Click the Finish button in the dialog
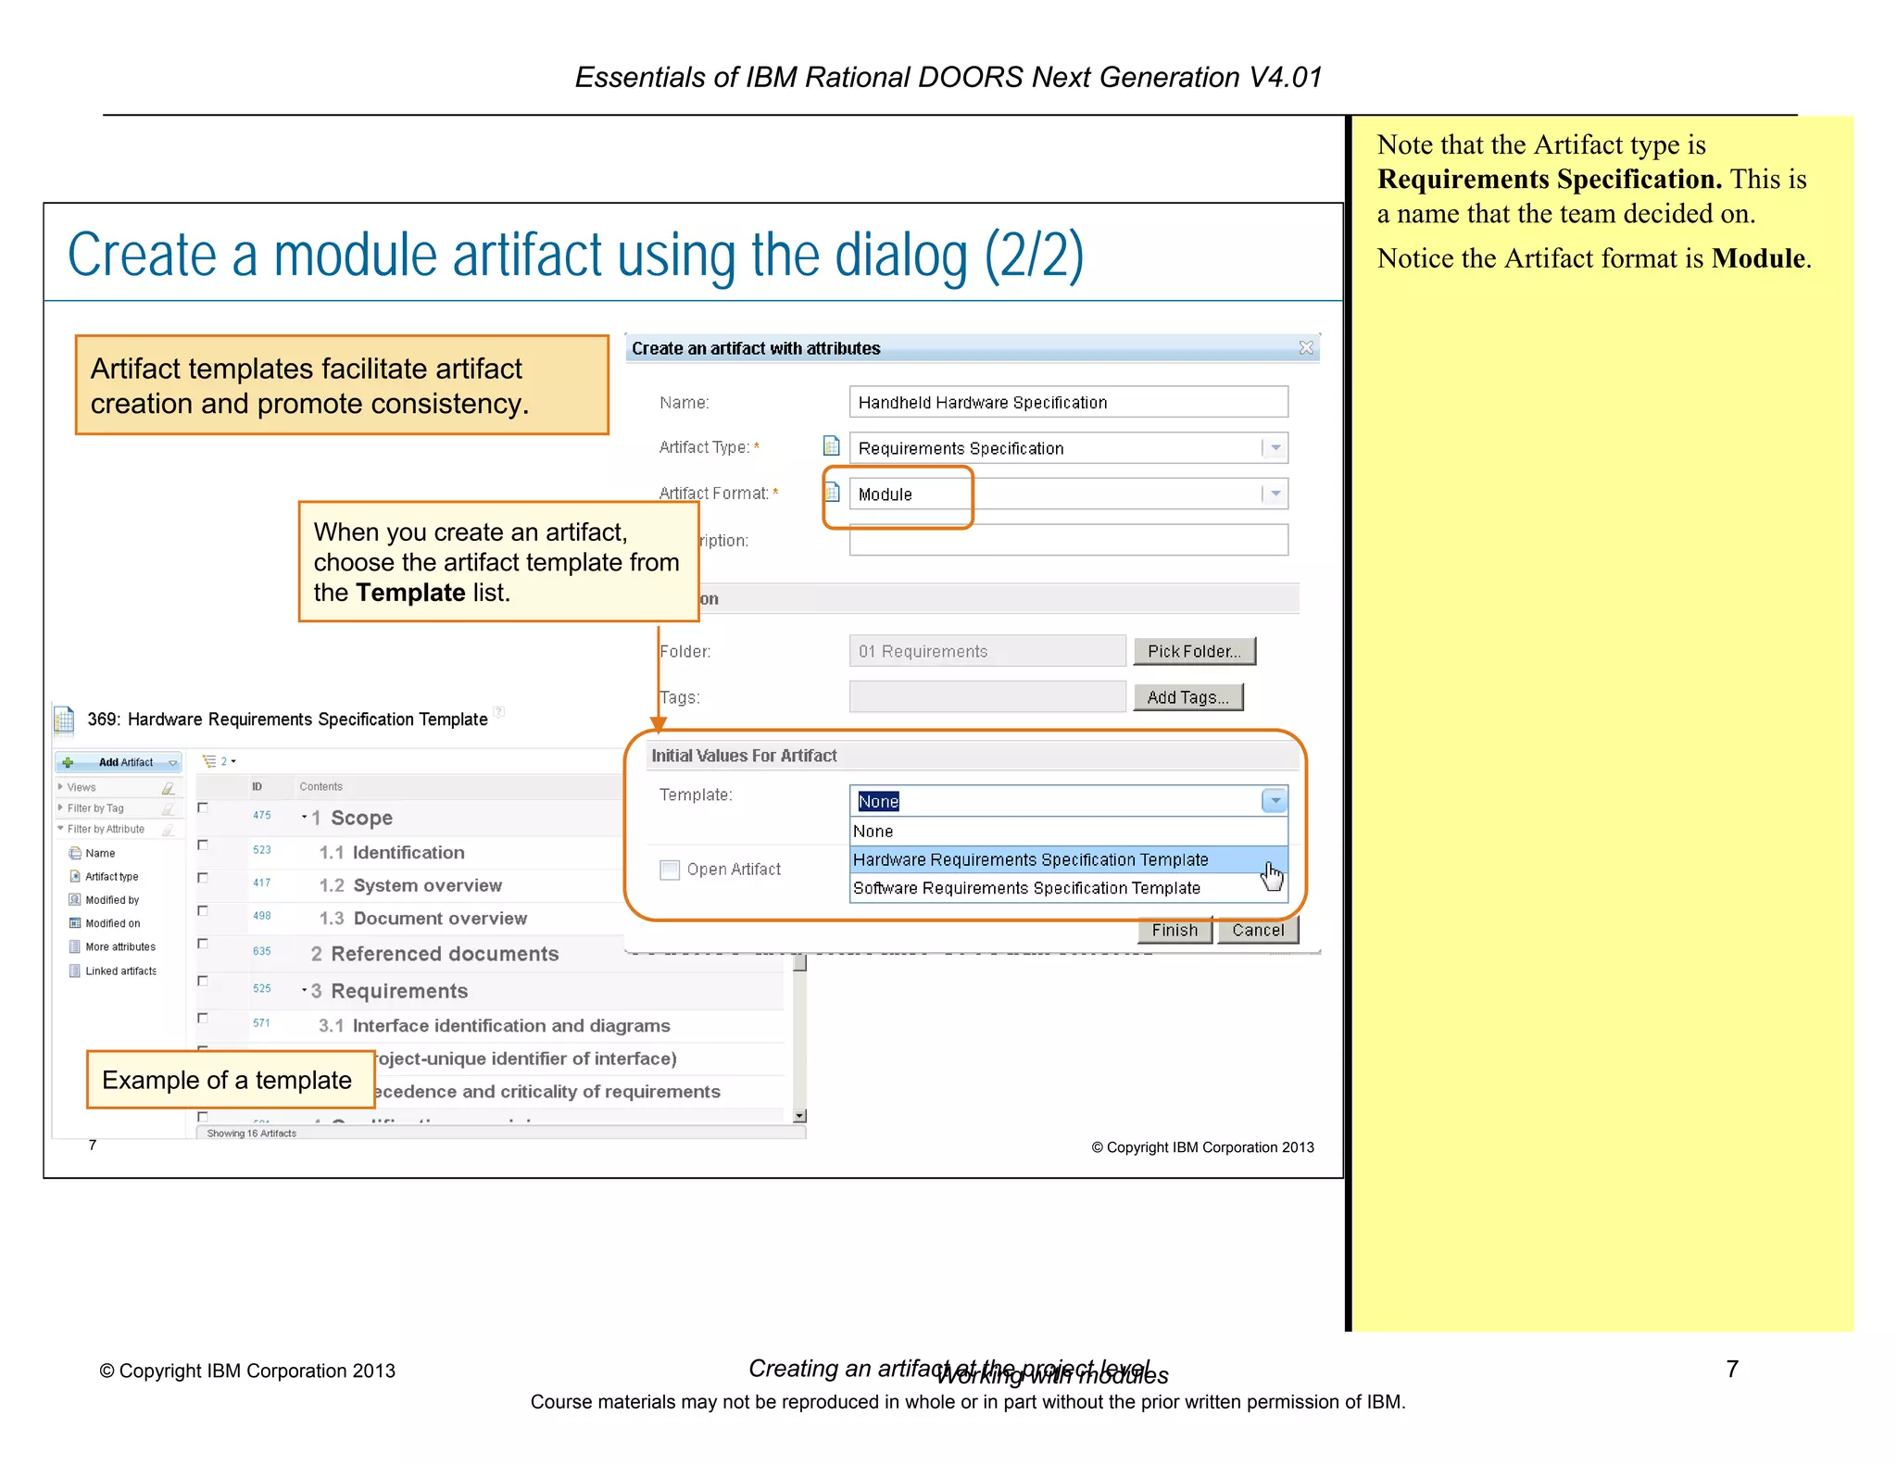(1174, 930)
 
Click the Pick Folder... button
(1193, 651)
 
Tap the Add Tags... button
(1187, 697)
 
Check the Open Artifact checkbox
(670, 870)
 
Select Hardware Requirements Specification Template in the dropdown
(1030, 859)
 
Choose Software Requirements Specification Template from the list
(1026, 888)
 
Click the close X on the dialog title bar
(1306, 348)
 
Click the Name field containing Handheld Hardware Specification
(1067, 402)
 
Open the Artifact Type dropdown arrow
(1275, 448)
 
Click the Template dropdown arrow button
(1275, 801)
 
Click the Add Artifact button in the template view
(119, 762)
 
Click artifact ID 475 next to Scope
(262, 816)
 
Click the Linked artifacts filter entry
(120, 970)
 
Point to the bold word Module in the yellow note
(1757, 258)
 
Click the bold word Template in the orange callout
(409, 593)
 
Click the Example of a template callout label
(227, 1080)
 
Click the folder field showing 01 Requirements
(986, 651)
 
